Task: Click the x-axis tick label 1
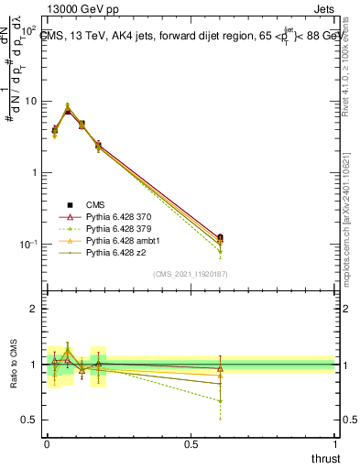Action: click(x=334, y=442)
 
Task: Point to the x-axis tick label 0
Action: click(x=46, y=442)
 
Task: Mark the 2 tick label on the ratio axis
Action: click(x=34, y=309)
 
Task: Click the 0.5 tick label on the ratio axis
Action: click(x=29, y=420)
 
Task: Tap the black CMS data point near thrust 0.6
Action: click(x=219, y=237)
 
